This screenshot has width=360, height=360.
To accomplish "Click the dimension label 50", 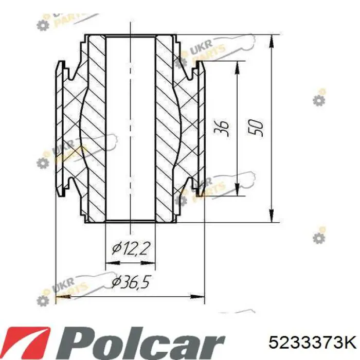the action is tap(255, 128).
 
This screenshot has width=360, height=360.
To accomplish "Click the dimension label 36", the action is tap(221, 128).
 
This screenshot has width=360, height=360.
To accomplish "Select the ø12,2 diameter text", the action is tap(131, 249).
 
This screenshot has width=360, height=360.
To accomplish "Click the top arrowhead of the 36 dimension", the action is tap(238, 68).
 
